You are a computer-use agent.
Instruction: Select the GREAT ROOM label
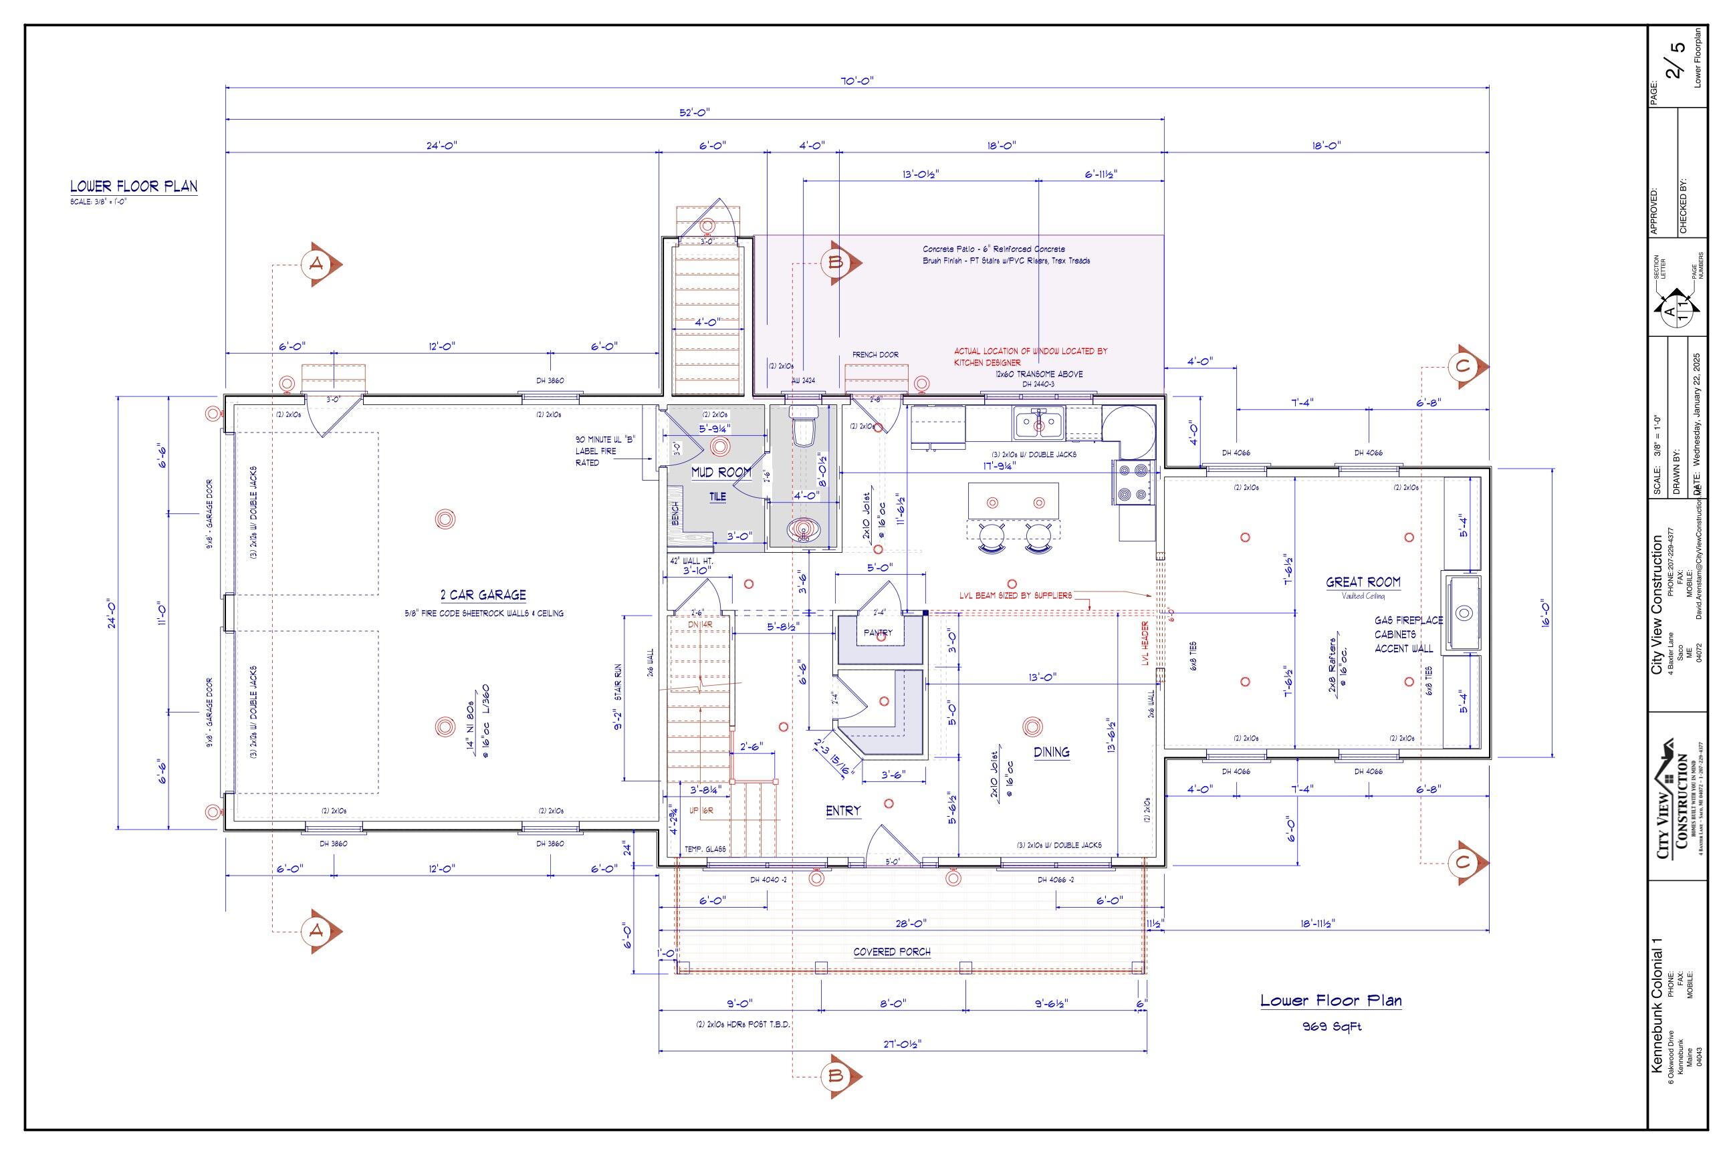point(1363,582)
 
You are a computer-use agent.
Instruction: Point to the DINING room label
point(1052,752)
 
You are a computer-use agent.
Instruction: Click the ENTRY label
point(843,811)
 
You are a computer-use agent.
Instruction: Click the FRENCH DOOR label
point(875,355)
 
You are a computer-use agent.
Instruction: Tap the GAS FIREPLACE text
point(1408,620)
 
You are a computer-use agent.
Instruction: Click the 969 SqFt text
point(1332,1027)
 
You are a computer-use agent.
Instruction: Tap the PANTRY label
point(878,633)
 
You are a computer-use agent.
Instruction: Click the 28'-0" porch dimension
point(911,923)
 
